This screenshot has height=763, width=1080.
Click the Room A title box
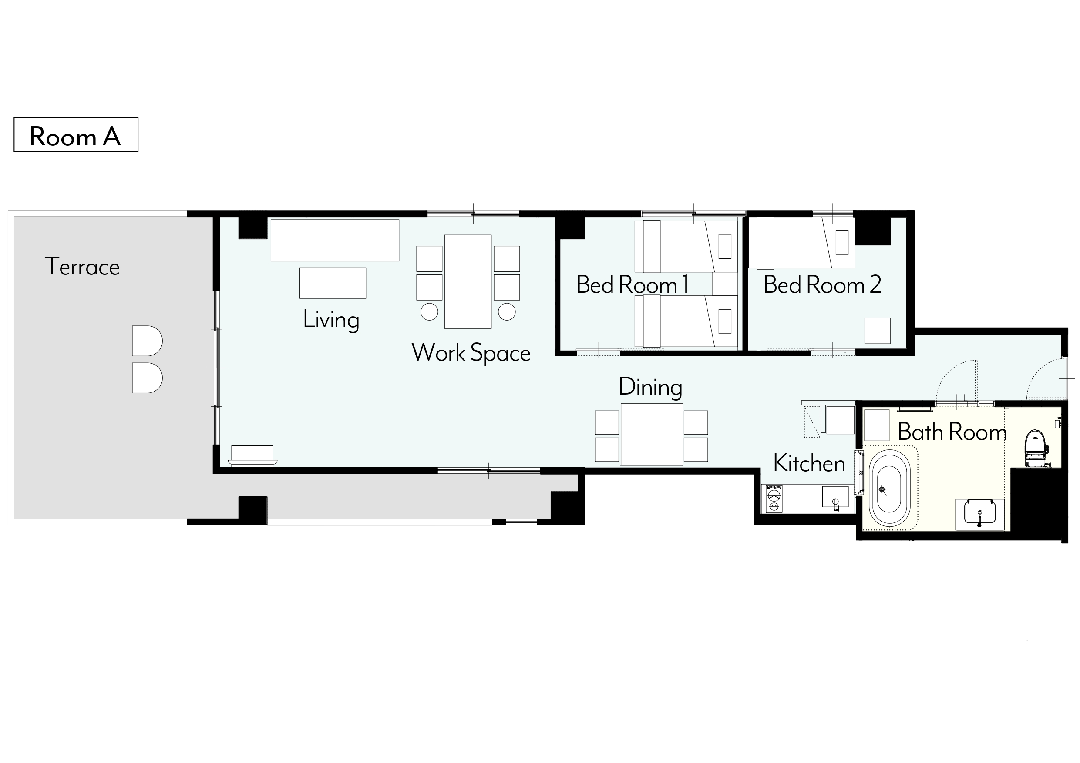pyautogui.click(x=76, y=134)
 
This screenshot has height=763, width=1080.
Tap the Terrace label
pyautogui.click(x=82, y=267)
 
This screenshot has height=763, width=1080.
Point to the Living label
pyautogui.click(x=331, y=320)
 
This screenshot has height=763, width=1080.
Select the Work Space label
pyautogui.click(x=471, y=353)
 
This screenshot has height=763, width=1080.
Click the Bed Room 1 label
pyautogui.click(x=632, y=284)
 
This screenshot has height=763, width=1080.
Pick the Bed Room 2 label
pyautogui.click(x=822, y=284)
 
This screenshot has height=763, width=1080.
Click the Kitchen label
pyautogui.click(x=809, y=464)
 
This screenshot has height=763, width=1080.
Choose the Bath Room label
pyautogui.click(x=952, y=432)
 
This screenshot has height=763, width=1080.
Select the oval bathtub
pyautogui.click(x=889, y=489)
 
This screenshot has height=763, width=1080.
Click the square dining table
pyautogui.click(x=652, y=435)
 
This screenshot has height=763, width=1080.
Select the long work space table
pyautogui.click(x=468, y=281)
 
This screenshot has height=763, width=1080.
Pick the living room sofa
pyautogui.click(x=335, y=240)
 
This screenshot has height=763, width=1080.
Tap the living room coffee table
pyautogui.click(x=333, y=283)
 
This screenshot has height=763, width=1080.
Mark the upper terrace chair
pyautogui.click(x=147, y=341)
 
